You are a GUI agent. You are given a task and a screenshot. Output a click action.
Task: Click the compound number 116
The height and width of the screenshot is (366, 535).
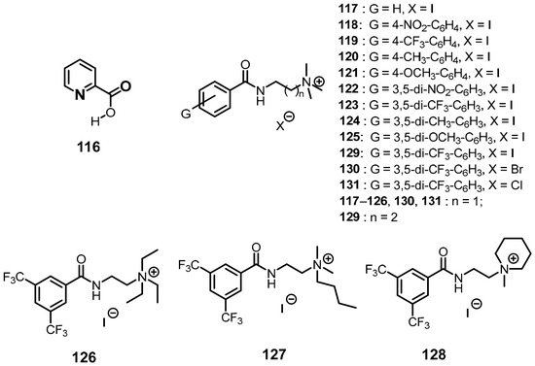[x=89, y=148]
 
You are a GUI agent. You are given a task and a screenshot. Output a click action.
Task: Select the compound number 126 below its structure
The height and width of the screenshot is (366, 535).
[x=84, y=357]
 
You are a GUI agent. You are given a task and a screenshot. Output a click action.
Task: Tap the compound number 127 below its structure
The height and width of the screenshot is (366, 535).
[x=274, y=354]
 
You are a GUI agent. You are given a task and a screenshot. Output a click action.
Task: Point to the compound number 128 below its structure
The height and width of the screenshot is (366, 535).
[x=434, y=354]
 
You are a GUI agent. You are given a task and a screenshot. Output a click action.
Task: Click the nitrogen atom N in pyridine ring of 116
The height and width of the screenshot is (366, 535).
[x=80, y=95]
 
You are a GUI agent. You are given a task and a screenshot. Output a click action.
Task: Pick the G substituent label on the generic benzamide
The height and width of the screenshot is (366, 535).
[x=186, y=114]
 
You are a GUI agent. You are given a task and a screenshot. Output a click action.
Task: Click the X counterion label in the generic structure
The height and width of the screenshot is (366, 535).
[x=280, y=126]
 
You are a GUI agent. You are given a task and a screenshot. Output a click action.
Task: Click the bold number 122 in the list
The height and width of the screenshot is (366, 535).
[x=349, y=88]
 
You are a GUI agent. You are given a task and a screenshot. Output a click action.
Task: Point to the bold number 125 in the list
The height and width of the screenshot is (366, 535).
[x=349, y=137]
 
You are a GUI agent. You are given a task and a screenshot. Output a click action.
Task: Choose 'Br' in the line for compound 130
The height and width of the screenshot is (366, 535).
[x=517, y=169]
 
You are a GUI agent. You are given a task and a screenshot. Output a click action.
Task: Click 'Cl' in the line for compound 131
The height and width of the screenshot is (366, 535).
[x=517, y=184]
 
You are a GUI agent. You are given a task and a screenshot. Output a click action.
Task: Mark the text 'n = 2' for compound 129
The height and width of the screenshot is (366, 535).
[x=384, y=217]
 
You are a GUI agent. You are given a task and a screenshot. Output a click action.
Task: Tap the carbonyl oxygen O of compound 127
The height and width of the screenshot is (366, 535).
[x=256, y=247]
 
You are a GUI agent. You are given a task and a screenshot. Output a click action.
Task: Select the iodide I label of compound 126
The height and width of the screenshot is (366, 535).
[x=104, y=322]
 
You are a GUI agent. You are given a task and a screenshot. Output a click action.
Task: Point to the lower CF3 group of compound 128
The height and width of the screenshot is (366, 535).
[x=418, y=322]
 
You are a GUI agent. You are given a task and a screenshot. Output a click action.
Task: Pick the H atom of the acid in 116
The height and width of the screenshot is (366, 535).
[x=95, y=120]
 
